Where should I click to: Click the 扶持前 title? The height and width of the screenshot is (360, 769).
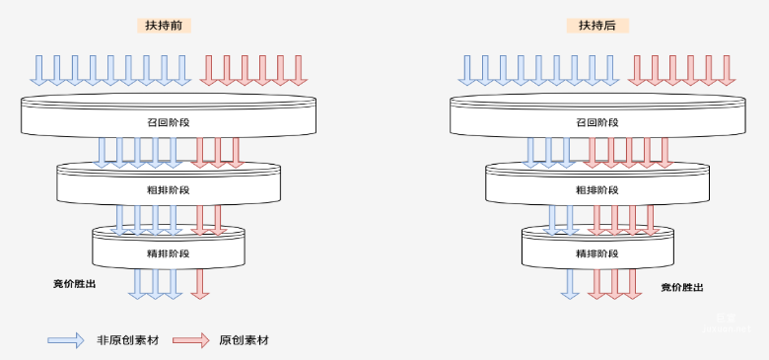click(164, 26)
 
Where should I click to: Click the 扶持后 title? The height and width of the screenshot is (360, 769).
click(596, 26)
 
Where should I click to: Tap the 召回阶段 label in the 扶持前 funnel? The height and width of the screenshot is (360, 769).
click(169, 122)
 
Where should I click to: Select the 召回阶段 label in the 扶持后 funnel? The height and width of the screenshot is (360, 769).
click(596, 122)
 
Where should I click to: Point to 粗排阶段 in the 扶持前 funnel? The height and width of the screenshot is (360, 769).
click(169, 189)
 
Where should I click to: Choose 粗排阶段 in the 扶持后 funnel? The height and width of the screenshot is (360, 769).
click(596, 189)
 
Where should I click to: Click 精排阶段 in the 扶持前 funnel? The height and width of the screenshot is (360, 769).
click(169, 253)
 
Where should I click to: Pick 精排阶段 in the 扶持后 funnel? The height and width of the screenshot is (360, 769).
click(596, 253)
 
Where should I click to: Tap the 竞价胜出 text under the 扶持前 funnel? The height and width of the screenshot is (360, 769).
click(75, 284)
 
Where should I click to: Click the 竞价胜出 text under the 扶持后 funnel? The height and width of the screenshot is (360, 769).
click(682, 288)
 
